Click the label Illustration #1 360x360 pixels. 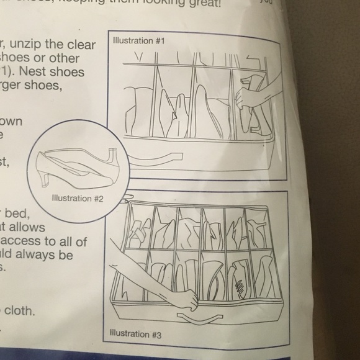click(x=132, y=41)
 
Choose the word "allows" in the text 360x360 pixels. click(x=25, y=228)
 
